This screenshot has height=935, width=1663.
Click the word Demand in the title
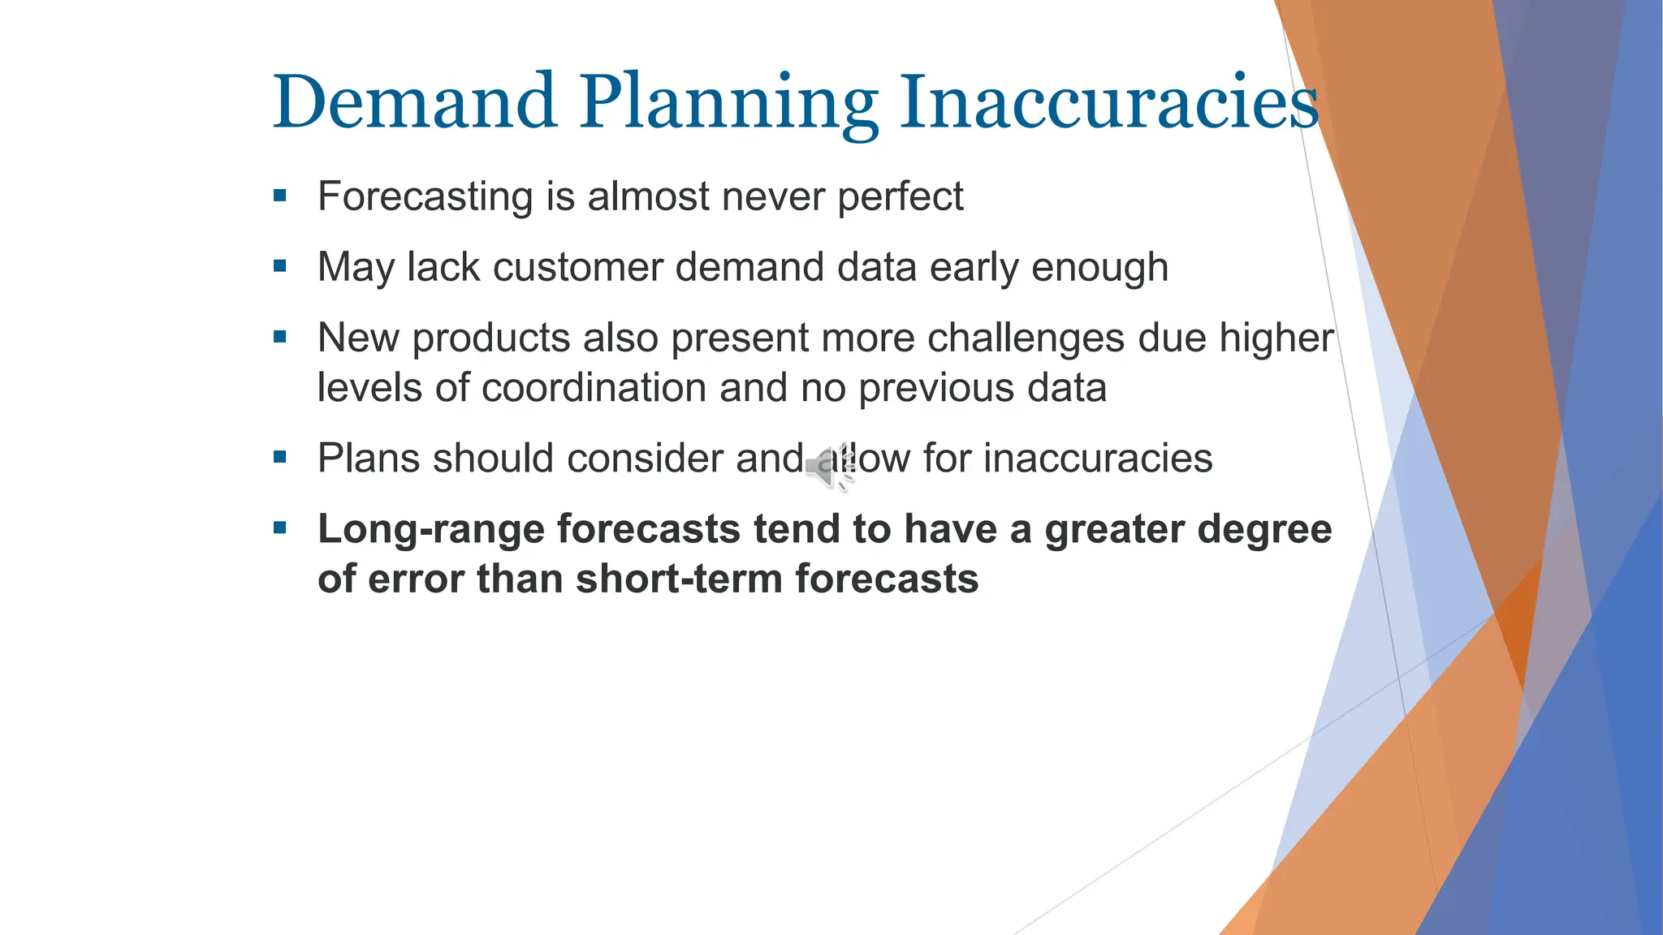click(x=414, y=102)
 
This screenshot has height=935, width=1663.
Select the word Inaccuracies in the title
click(x=1109, y=102)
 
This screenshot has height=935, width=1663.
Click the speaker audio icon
click(x=829, y=467)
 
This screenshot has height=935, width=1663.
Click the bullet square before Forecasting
click(x=280, y=196)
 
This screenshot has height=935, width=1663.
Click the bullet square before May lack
click(x=280, y=266)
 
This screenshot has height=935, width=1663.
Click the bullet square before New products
click(x=280, y=337)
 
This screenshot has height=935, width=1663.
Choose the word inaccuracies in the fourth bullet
click(x=1098, y=459)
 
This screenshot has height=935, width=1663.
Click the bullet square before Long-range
click(x=280, y=529)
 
